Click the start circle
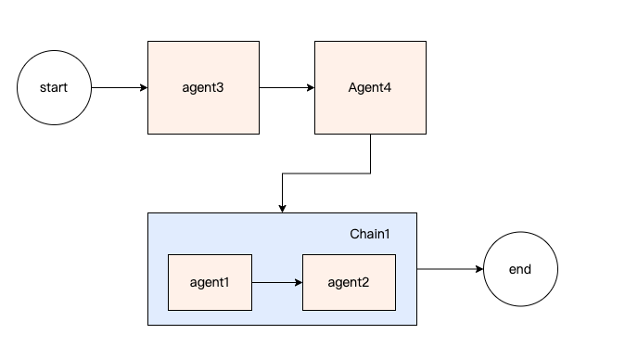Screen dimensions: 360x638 (x=55, y=88)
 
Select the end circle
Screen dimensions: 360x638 (x=520, y=269)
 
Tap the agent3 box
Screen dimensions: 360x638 (x=204, y=88)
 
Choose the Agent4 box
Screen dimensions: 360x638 (x=370, y=88)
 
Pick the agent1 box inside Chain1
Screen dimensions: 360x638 (x=209, y=282)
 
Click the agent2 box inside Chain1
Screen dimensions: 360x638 (x=349, y=282)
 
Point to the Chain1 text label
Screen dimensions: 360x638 (x=369, y=234)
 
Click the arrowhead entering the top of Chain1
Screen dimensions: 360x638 (x=282, y=208)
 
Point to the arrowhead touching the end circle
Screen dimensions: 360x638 (x=478, y=269)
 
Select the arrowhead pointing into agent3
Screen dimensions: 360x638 (x=144, y=88)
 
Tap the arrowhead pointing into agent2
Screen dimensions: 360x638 (x=299, y=282)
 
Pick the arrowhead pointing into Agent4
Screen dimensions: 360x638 (x=311, y=88)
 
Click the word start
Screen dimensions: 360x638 (x=55, y=88)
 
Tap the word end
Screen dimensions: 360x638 (x=520, y=269)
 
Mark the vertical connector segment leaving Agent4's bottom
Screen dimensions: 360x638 (x=370, y=154)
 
